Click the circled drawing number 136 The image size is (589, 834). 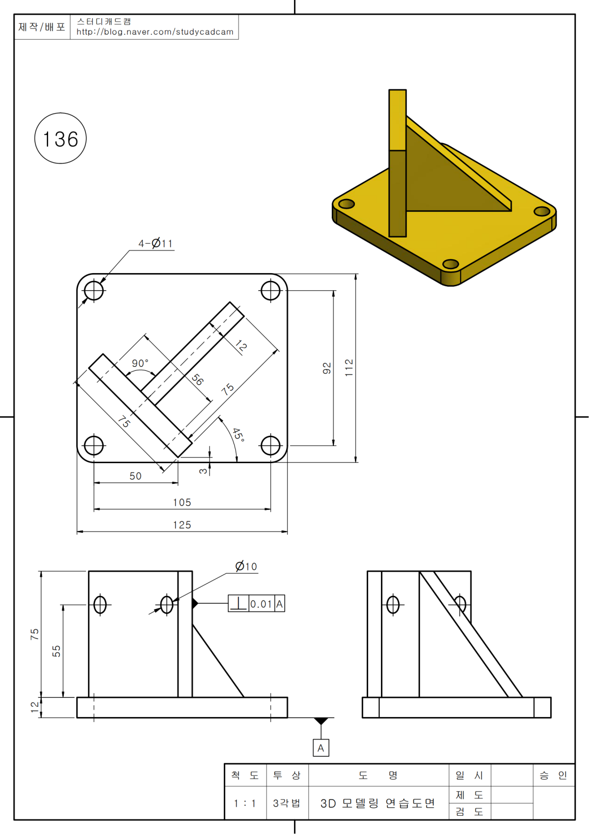(x=60, y=139)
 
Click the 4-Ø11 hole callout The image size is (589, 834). (x=156, y=244)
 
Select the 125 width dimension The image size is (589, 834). (x=182, y=525)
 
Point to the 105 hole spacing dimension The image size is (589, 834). (x=182, y=502)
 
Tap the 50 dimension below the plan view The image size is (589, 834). (x=135, y=476)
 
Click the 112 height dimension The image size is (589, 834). (x=348, y=368)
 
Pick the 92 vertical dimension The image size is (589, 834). (x=326, y=368)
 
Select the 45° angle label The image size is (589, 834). (x=238, y=435)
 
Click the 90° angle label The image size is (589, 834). (x=140, y=363)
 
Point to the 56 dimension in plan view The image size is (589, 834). (x=198, y=379)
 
